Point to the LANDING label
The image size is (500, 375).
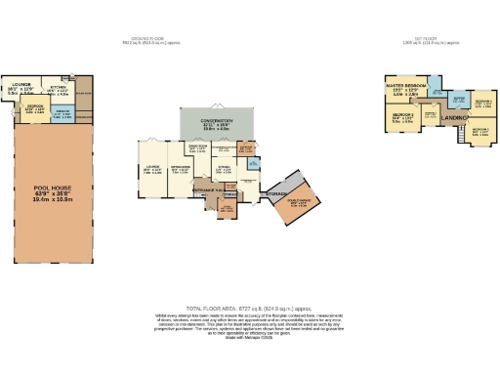[454, 118]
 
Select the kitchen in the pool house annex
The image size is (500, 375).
[58, 91]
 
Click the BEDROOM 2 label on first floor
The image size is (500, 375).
[402, 119]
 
